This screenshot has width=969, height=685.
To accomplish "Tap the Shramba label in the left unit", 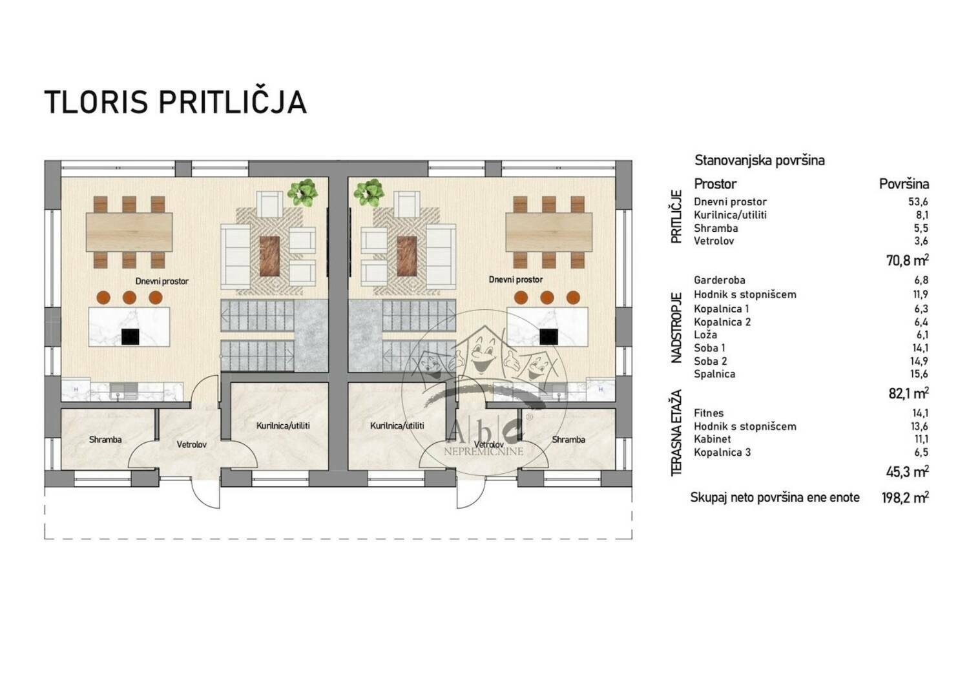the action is (x=105, y=440).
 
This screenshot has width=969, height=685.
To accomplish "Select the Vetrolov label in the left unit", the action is (x=192, y=444).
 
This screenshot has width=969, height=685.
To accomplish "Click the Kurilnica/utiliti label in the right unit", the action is (x=397, y=425).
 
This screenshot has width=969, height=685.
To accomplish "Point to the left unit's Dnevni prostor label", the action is (x=161, y=281).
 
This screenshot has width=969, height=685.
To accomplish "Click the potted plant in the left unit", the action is (x=302, y=192).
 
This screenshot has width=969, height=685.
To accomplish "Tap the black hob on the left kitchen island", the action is (x=130, y=336).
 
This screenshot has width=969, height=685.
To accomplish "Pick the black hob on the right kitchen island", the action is (x=548, y=336).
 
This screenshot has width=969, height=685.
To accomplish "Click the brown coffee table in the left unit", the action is (x=269, y=256).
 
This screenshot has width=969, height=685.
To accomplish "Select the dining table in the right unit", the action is (x=548, y=232).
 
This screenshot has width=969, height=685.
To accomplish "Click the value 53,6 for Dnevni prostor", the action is (x=920, y=202).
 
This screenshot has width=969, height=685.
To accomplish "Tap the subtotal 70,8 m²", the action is (x=908, y=260).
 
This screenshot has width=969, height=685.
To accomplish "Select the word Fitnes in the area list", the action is (x=709, y=413).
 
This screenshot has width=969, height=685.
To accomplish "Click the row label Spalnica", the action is (x=714, y=374).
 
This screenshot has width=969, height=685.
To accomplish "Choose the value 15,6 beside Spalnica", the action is (x=920, y=374).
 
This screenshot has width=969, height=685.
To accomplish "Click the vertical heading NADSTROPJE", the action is (x=676, y=328).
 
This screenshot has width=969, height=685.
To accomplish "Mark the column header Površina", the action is (x=904, y=184).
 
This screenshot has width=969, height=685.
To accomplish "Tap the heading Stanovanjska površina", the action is (x=760, y=161).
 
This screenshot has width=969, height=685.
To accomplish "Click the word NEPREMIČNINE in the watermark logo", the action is (x=484, y=452).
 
